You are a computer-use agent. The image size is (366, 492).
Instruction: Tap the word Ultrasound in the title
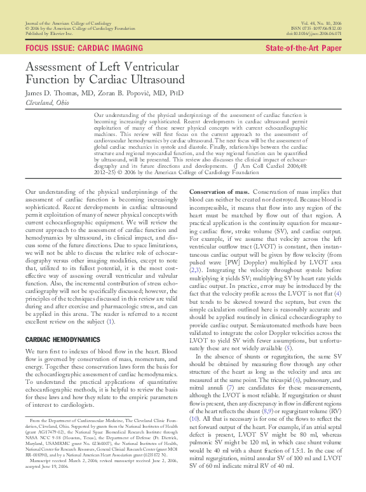(x=151, y=80)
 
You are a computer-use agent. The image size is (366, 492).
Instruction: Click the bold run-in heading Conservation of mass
(x=219, y=192)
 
